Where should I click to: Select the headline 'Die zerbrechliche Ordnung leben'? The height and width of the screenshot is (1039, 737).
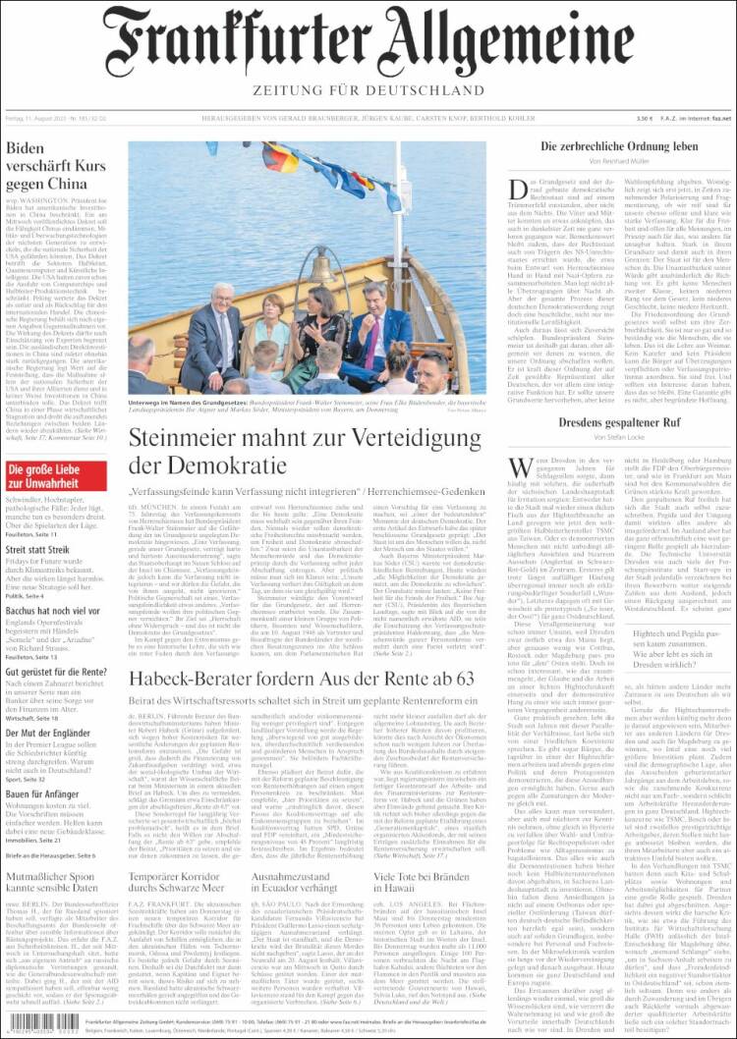tap(619, 146)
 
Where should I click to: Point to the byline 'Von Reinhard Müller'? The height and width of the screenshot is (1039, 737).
tap(619, 161)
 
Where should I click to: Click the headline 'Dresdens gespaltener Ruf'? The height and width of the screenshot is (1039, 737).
tap(619, 423)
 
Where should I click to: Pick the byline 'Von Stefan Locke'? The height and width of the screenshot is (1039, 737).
tap(619, 438)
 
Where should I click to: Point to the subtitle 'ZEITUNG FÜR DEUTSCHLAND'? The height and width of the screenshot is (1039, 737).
tap(368, 90)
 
